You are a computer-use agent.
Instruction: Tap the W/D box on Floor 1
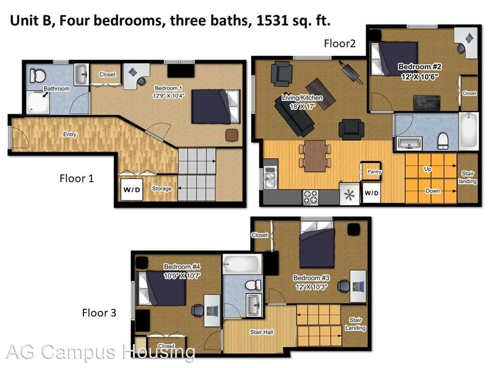click(x=131, y=189)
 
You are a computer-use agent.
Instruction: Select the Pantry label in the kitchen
click(x=374, y=172)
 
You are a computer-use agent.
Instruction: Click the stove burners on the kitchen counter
click(x=310, y=197)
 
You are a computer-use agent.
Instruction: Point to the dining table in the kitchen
click(x=315, y=155)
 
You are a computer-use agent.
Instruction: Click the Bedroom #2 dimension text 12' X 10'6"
click(x=419, y=77)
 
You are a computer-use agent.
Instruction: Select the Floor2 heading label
click(x=339, y=43)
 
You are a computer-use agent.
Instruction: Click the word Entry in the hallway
click(x=69, y=134)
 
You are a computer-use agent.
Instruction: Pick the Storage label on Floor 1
click(x=162, y=188)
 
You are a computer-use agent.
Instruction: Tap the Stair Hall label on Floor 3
click(x=261, y=332)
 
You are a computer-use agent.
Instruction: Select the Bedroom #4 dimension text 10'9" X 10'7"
click(x=182, y=276)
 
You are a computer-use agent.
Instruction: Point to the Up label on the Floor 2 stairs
click(x=427, y=169)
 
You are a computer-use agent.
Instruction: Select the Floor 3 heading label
click(x=99, y=312)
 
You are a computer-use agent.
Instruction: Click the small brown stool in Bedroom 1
click(x=232, y=135)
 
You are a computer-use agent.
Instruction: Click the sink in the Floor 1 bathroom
click(x=81, y=74)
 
